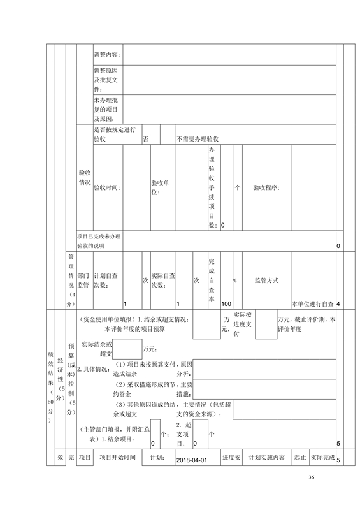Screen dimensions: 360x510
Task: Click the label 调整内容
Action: (108, 55)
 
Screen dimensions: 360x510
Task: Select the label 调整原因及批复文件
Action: (106, 80)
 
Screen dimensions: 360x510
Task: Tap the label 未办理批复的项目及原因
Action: (106, 110)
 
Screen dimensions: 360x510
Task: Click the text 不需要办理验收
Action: (198, 139)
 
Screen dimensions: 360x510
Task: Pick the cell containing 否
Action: (151, 135)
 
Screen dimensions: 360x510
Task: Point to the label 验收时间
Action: (107, 187)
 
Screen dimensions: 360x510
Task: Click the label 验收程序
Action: (266, 187)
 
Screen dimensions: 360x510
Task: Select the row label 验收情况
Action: (85, 178)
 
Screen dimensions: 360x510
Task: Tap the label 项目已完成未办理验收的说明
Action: (99, 241)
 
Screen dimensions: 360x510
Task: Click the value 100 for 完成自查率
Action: (226, 304)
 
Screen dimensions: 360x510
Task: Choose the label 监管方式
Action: (267, 280)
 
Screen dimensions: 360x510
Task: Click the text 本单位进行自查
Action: (312, 304)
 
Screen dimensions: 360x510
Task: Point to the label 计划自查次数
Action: (106, 280)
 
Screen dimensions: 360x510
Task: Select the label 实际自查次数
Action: (163, 280)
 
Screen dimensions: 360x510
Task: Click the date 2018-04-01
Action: (192, 460)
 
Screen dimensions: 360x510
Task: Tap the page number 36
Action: (311, 477)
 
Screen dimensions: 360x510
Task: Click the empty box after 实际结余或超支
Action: (127, 349)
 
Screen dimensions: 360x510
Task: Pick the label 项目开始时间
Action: (117, 457)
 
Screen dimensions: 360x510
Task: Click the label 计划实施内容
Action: (267, 457)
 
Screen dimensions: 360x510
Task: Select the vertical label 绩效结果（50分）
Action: (50, 388)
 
